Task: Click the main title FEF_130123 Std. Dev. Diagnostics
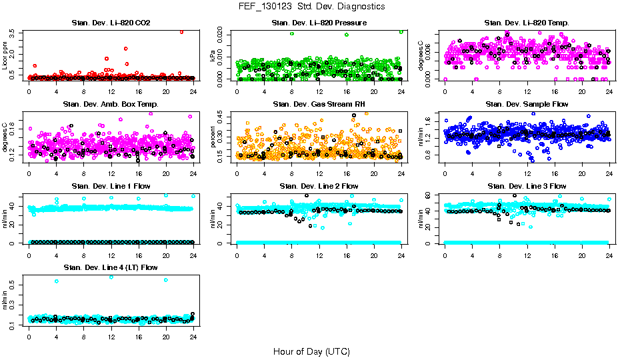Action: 311,6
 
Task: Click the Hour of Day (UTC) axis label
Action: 311,351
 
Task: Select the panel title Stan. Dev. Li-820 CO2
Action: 111,23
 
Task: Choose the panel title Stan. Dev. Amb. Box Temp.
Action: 111,105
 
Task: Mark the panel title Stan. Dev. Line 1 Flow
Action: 111,186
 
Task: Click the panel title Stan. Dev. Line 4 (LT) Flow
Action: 111,267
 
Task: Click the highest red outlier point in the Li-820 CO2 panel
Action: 181,31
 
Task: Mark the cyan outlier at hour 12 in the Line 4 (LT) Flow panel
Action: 111,277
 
